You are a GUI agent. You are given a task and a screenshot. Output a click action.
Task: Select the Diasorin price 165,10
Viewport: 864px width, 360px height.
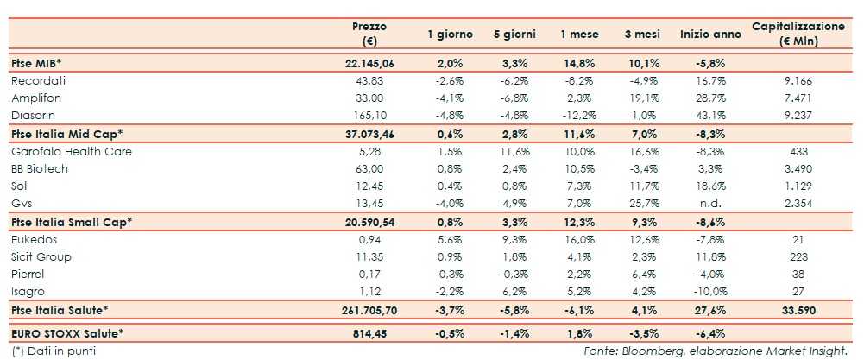(x=369, y=116)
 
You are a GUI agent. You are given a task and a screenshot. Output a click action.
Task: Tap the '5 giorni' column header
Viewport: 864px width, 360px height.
(x=514, y=34)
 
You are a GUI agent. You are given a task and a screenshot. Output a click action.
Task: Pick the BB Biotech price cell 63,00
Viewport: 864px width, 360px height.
(x=369, y=169)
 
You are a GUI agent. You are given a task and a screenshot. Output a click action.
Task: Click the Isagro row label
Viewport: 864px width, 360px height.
(x=28, y=292)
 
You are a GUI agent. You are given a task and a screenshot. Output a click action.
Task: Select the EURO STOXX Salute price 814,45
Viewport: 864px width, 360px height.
(x=369, y=332)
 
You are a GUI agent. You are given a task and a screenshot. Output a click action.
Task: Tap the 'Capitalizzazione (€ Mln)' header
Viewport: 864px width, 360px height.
(x=798, y=34)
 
